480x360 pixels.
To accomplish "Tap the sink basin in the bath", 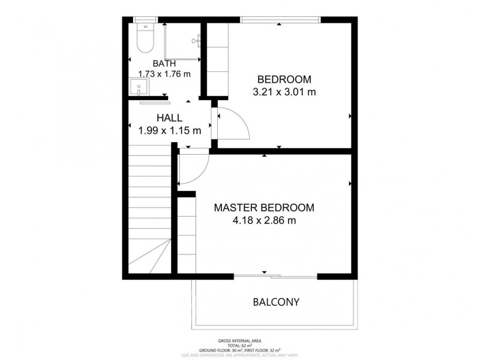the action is [139, 86].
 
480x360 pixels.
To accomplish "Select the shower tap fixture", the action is [196, 40].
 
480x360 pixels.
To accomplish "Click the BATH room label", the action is [164, 64].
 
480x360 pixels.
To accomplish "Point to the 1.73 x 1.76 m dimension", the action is [164, 74].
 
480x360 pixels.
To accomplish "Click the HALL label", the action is [169, 118].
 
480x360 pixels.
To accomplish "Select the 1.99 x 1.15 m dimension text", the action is [170, 131].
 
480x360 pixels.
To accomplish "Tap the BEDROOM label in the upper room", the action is [284, 79].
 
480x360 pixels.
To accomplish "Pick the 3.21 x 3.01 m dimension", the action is [284, 92].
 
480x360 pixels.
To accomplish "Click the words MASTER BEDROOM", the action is [264, 208].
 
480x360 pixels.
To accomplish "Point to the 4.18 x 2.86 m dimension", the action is [264, 220].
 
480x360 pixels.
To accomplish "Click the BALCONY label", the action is [276, 302].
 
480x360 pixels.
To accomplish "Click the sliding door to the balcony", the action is [275, 277].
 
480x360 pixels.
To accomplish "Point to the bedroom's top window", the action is [280, 20].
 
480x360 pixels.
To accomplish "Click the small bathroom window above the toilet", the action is [145, 20].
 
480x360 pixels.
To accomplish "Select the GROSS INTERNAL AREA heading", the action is [239, 341].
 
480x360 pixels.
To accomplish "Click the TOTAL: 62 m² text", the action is [239, 346].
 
